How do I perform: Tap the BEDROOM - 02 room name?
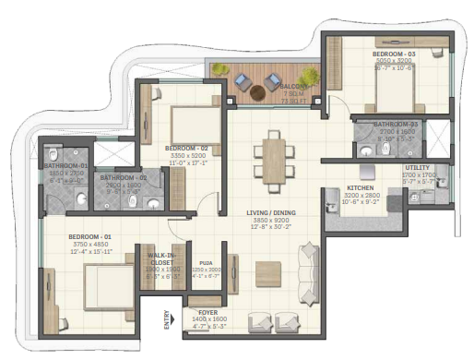185,148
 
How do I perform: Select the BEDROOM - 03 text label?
394,54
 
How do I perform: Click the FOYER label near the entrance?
207,312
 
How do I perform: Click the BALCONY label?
295,87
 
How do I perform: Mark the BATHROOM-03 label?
397,124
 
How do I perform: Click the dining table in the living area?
274,156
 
